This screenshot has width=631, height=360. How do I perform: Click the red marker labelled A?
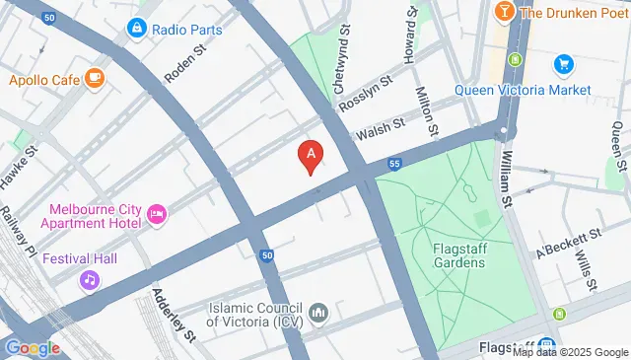point(312,155)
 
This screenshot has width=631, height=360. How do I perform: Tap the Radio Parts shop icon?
point(136,29)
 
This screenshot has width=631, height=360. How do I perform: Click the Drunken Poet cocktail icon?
point(503,12)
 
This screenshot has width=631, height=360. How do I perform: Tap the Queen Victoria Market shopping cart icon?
point(564,65)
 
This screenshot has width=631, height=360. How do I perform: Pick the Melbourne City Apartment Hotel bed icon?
point(156,213)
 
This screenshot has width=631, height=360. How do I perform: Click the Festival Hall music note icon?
point(90,280)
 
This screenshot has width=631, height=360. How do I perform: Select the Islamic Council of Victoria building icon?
point(317,314)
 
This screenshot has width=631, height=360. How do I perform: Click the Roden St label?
point(184,61)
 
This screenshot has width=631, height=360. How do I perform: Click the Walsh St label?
point(381,128)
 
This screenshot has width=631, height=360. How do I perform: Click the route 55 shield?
point(394,163)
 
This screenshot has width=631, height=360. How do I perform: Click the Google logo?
point(32,347)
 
